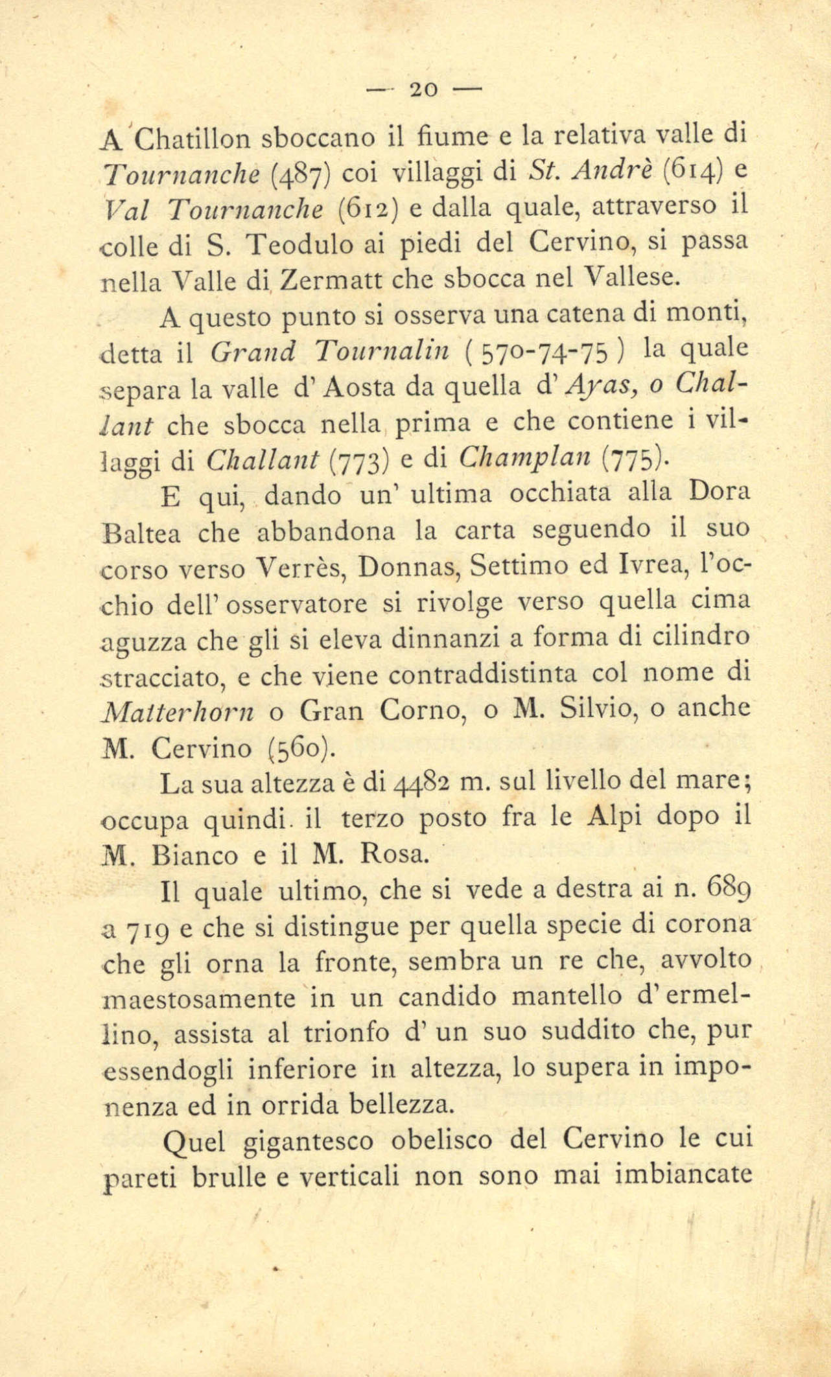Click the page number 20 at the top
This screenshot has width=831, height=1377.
pyautogui.click(x=424, y=88)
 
